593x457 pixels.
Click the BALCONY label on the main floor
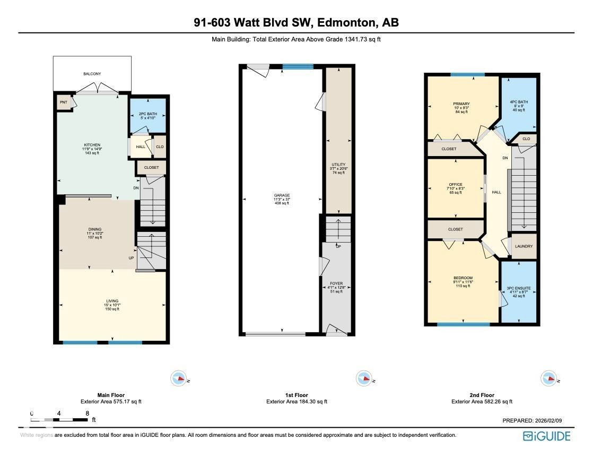(x=92, y=74)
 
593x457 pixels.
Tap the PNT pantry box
(x=64, y=102)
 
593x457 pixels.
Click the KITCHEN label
(x=92, y=145)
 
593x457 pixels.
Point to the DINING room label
(x=95, y=230)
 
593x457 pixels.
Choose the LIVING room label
(x=111, y=301)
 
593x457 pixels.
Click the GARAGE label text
(x=282, y=195)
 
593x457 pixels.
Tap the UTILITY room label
(x=338, y=165)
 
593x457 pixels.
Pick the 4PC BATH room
(x=519, y=102)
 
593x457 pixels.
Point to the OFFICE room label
(x=455, y=185)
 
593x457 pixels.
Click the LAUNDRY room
(x=524, y=247)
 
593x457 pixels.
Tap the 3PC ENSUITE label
(x=519, y=288)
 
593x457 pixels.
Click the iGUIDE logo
(x=546, y=436)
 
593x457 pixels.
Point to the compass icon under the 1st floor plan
(x=363, y=378)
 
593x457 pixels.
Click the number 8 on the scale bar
(x=87, y=413)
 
